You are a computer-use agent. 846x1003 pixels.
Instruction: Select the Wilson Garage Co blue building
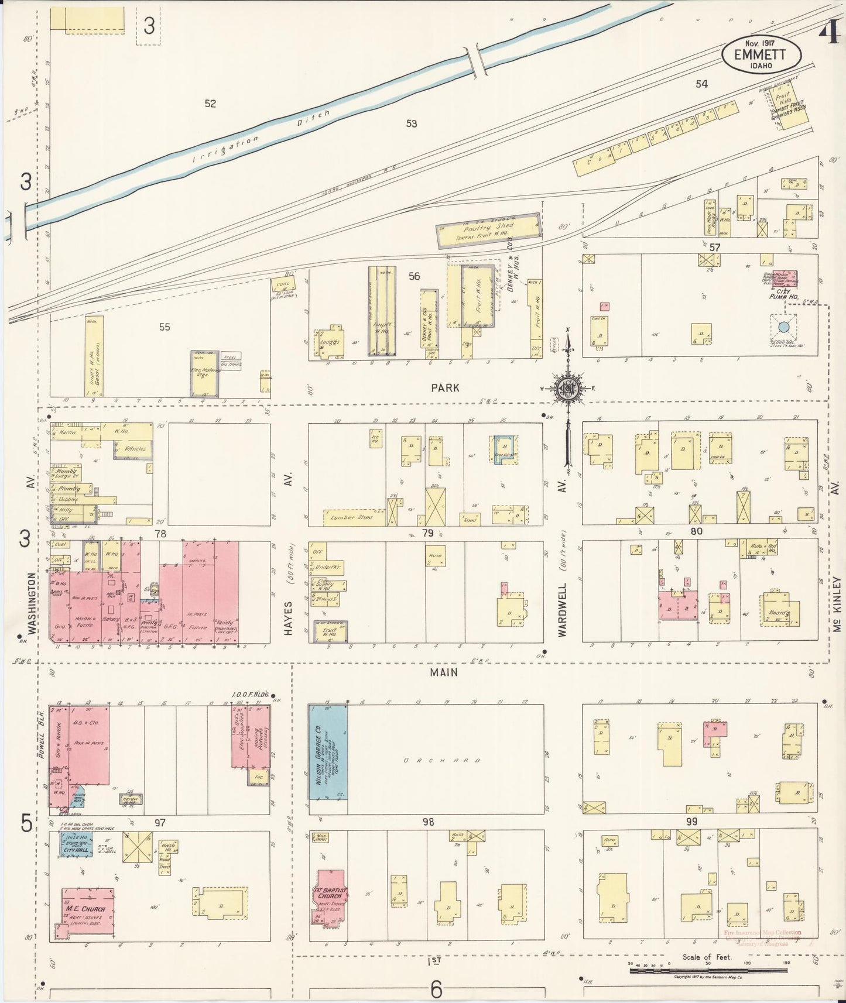click(328, 758)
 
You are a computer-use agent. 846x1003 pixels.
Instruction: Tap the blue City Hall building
click(77, 845)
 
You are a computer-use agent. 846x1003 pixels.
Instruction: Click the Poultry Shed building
click(489, 231)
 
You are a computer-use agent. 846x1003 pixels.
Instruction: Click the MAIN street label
click(444, 673)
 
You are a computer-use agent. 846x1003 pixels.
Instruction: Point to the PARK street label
click(446, 388)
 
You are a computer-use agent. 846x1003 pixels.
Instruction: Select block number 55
click(165, 327)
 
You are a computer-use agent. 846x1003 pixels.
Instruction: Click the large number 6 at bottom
click(436, 990)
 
